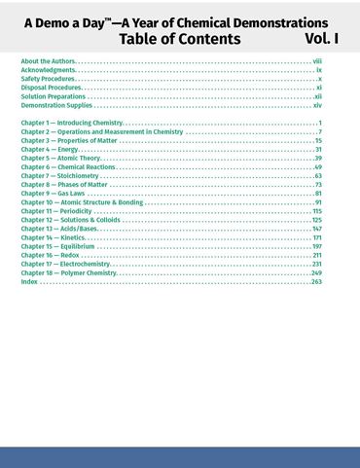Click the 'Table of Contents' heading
pyautogui.click(x=180, y=39)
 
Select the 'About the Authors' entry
pyautogui.click(x=47, y=61)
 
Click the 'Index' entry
pyautogui.click(x=29, y=281)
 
